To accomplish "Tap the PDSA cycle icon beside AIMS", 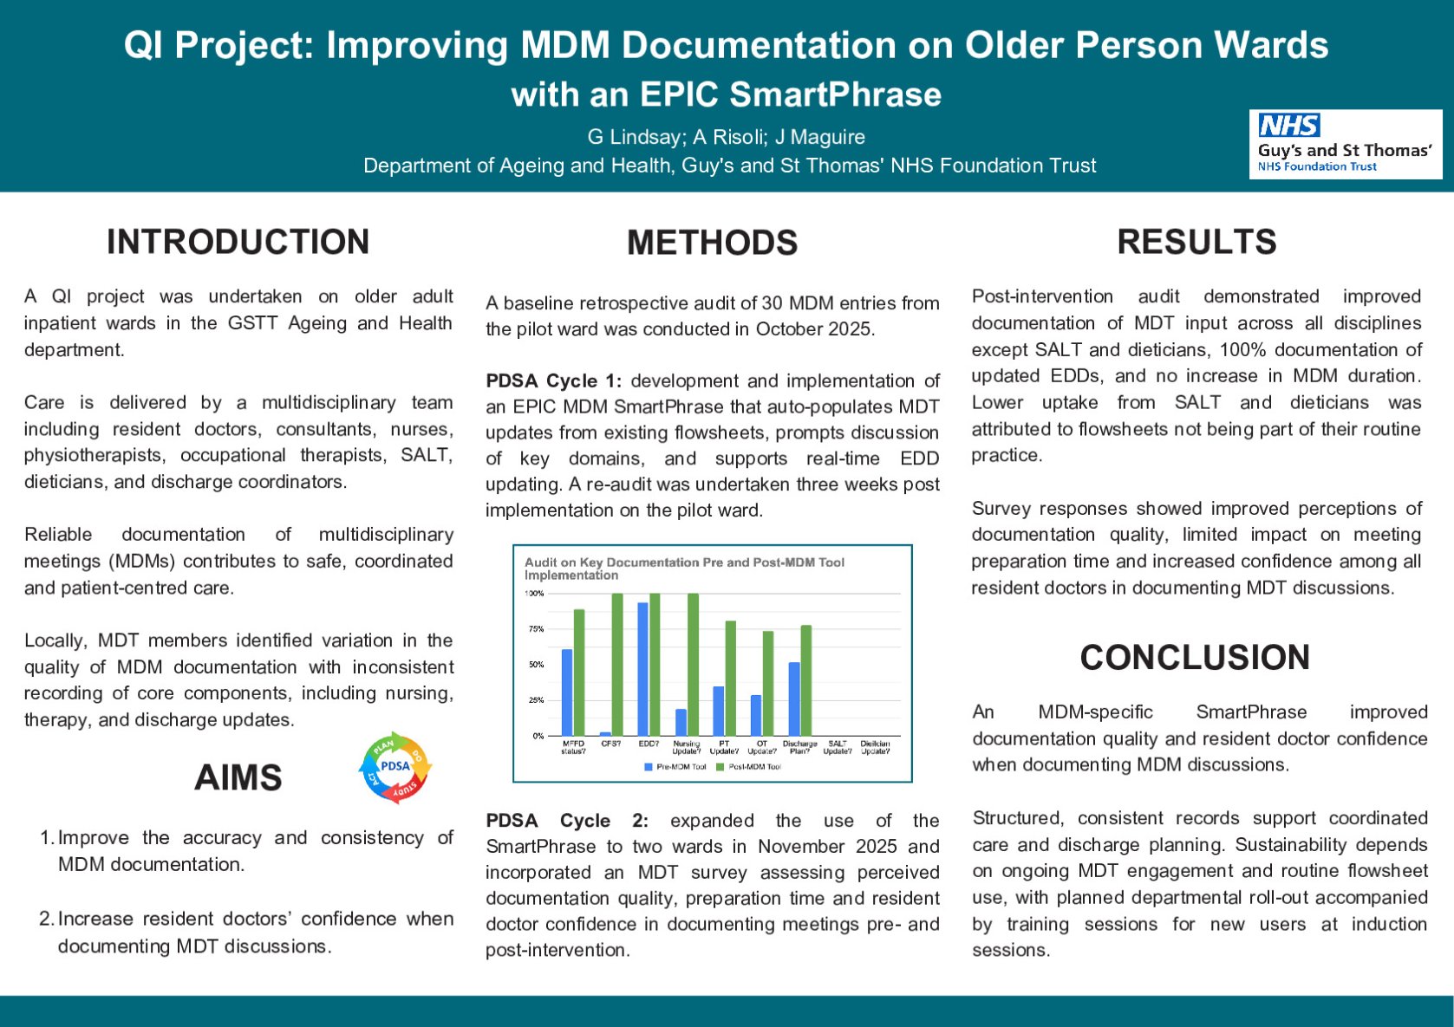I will click(395, 766).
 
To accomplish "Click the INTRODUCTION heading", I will click(238, 242).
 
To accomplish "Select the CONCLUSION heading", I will click(1194, 657).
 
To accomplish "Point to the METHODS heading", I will click(712, 243).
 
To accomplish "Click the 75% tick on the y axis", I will click(536, 629).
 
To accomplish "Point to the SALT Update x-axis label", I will click(838, 747).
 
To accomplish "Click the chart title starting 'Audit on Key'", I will click(684, 568).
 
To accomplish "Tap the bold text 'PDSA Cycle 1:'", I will click(553, 380).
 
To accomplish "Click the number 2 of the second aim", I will click(47, 919).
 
